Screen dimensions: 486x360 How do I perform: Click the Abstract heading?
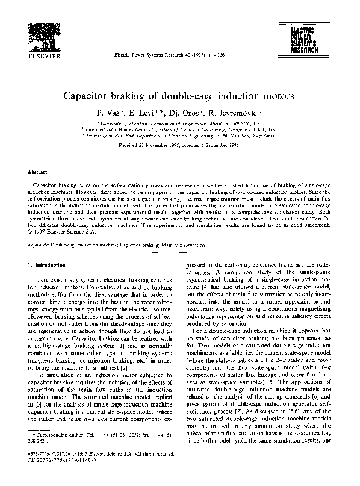[39, 172]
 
